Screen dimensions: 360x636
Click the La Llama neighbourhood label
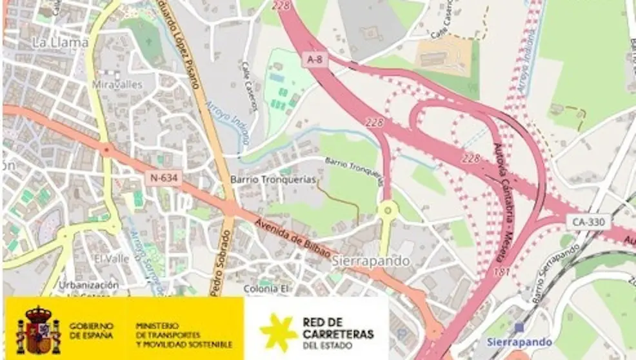60,42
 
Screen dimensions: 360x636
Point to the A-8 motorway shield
313,59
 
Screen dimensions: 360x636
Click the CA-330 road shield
587,221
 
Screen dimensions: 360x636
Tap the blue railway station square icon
519,327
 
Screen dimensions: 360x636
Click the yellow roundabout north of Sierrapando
388,210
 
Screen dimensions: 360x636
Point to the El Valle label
112,258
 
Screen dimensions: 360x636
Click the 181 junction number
500,272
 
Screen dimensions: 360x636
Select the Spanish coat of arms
37,330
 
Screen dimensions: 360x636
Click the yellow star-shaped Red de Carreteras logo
278,331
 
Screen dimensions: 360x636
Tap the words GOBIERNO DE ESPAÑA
90,331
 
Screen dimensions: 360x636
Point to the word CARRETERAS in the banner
337,334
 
